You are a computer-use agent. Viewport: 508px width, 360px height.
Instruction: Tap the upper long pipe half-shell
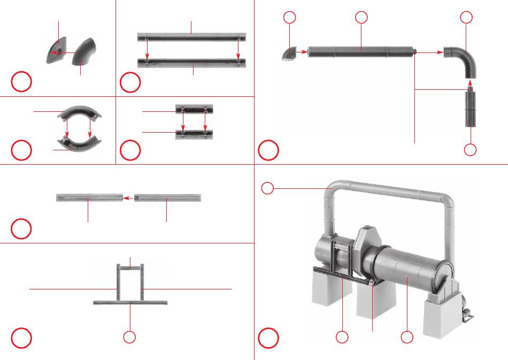pos(191,36)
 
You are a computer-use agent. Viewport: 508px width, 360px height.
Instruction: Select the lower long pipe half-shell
pos(191,63)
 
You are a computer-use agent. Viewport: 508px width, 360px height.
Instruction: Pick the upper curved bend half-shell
pos(79,113)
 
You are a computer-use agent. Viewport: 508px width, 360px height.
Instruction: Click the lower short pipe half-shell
pos(194,133)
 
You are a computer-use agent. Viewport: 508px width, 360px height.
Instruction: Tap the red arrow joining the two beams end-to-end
pos(128,198)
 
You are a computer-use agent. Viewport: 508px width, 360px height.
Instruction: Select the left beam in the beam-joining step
pos(89,198)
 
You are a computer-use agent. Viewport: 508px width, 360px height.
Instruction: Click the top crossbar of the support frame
pos(130,266)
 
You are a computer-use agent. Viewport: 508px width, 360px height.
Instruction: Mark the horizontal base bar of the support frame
pos(130,302)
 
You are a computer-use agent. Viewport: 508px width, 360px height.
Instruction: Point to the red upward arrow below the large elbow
pos(469,83)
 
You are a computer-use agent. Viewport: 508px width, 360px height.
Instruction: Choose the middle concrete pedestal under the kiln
pos(374,308)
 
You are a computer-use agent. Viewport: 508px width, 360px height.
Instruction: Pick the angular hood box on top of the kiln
pos(367,239)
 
